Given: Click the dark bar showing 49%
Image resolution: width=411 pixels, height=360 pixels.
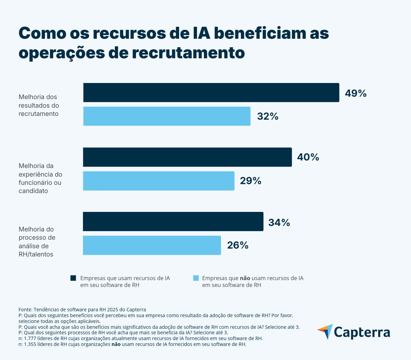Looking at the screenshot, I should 211,93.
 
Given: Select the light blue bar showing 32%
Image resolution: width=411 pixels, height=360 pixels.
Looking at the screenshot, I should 167,116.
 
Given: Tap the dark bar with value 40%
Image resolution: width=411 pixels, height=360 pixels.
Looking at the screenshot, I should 187,157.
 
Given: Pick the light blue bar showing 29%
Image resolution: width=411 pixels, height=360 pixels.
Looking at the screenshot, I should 159,181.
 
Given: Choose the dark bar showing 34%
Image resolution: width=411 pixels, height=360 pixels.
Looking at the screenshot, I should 173,221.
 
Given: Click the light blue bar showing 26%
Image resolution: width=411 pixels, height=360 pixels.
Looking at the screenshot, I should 152,245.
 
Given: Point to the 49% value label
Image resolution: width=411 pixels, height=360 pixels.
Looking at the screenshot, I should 356,93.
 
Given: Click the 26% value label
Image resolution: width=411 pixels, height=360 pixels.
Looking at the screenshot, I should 238,245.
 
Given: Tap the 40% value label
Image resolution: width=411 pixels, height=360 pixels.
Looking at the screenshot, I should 308,157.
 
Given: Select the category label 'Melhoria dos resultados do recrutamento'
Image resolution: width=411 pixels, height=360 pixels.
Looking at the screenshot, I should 39,105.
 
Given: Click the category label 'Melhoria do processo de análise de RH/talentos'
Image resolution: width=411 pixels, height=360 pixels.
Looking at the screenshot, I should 37,242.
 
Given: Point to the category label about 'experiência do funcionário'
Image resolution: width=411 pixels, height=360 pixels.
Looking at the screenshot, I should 40,178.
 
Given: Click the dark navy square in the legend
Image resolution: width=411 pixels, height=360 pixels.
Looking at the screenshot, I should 73,278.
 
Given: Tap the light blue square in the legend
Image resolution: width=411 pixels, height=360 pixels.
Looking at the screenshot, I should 196,278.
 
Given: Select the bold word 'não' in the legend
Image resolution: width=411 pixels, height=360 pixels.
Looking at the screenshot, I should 245,278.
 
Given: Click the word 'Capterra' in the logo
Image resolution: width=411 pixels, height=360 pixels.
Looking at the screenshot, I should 362,332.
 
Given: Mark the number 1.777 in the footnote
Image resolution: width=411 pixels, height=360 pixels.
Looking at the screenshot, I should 31,338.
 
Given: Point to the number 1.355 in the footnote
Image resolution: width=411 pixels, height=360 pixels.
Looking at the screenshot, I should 31,345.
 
